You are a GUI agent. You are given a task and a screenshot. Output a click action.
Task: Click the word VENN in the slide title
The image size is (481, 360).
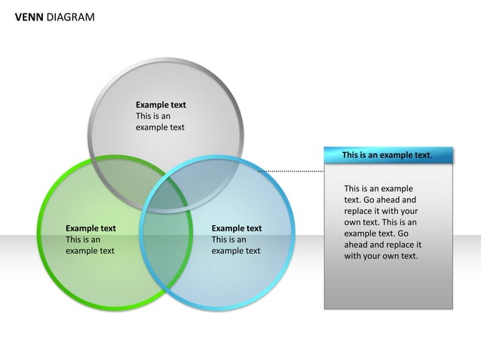click(29, 17)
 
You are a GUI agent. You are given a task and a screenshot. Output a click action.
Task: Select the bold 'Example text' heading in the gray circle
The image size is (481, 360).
click(161, 105)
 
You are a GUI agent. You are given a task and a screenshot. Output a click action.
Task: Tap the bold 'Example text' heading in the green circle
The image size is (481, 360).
click(90, 228)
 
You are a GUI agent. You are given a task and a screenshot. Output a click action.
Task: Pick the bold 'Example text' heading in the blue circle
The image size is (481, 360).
click(237, 228)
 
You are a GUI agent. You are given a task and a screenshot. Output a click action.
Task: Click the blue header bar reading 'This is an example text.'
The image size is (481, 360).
click(388, 155)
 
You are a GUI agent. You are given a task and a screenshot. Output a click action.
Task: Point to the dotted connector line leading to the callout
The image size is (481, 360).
click(290, 171)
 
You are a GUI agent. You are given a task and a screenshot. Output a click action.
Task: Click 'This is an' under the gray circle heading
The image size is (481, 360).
click(153, 116)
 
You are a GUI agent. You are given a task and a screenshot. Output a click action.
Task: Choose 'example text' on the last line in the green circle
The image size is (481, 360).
click(90, 251)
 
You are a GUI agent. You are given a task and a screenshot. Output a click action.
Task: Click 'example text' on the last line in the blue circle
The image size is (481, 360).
click(236, 251)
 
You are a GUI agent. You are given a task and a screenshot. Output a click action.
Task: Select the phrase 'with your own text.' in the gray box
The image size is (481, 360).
click(381, 256)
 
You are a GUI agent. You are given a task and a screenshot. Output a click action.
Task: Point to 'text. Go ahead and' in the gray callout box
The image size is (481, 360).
click(380, 200)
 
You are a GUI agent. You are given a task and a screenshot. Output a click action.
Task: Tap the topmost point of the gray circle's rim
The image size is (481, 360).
click(167, 59)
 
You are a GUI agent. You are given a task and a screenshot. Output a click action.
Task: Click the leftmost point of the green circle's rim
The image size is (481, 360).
click(38, 233)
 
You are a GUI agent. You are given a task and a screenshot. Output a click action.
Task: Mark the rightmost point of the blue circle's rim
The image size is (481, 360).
click(291, 233)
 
